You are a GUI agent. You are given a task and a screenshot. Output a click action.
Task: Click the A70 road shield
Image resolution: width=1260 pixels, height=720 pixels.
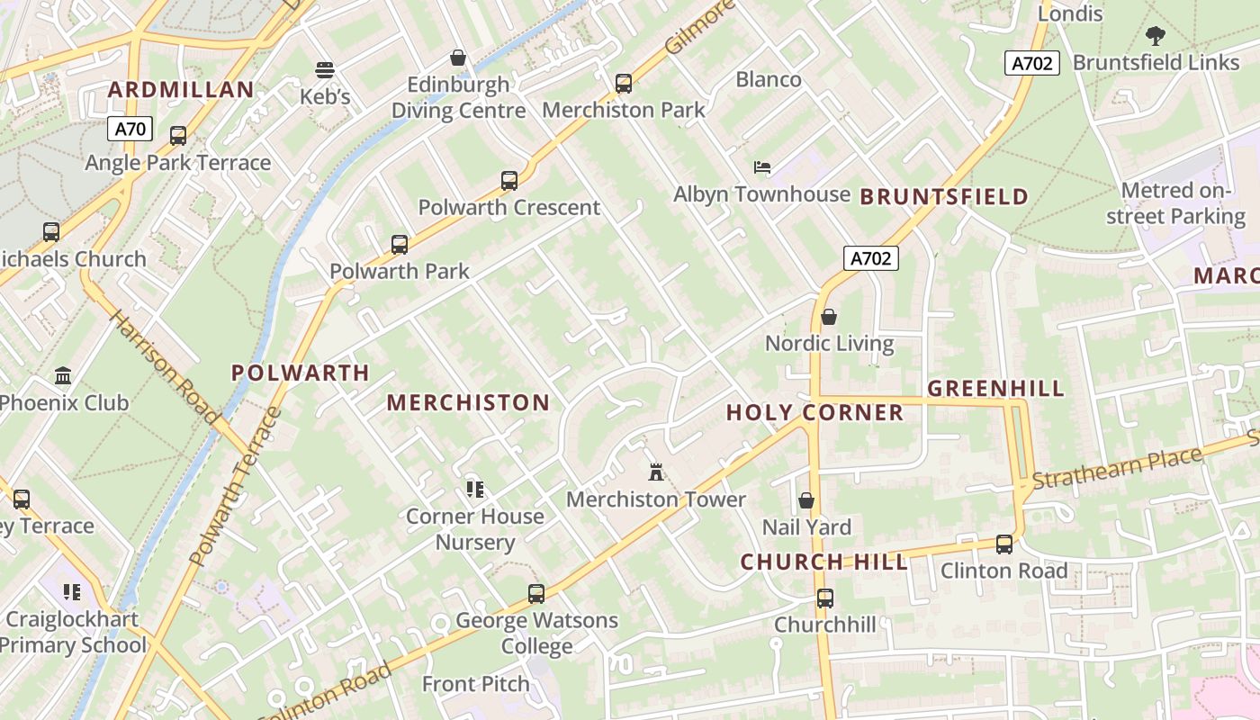click(130, 129)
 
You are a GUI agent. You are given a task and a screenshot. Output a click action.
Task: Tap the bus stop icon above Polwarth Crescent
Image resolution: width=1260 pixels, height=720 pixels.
click(509, 181)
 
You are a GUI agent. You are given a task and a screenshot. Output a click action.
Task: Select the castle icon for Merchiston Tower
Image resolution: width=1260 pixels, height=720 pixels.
click(656, 472)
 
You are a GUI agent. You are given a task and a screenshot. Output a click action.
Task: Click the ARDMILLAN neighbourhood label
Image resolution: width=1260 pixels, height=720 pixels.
click(182, 90)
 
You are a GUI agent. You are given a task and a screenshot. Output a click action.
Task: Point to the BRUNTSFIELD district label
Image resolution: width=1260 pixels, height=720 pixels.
click(944, 197)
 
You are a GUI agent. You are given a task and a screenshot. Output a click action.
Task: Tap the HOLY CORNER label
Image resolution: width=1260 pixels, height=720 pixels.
click(814, 413)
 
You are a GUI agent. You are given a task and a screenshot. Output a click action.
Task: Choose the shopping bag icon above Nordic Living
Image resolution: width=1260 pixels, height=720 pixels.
click(829, 317)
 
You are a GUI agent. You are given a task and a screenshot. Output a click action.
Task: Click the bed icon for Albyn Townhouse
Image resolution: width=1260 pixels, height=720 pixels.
click(762, 167)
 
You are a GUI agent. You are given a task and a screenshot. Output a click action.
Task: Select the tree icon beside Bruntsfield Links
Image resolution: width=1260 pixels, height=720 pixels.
click(1156, 36)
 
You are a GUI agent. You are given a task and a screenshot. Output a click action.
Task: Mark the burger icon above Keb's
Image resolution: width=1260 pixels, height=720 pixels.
click(325, 70)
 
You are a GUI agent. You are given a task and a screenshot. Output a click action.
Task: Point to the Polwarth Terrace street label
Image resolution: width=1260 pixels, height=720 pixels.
click(237, 487)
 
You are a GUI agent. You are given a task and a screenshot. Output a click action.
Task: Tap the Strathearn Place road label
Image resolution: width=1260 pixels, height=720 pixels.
click(1117, 469)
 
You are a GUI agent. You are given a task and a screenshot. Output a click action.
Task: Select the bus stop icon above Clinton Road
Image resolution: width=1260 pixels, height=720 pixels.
click(1004, 544)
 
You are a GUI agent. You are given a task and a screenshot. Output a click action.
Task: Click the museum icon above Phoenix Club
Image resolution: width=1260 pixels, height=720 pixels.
click(63, 375)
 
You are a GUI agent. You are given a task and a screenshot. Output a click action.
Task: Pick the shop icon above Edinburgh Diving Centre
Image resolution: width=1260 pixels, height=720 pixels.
click(458, 58)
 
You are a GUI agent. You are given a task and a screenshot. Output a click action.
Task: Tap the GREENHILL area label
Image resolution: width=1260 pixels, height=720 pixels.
click(995, 389)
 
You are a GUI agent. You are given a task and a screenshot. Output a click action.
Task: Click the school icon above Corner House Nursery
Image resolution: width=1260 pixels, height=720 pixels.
click(475, 490)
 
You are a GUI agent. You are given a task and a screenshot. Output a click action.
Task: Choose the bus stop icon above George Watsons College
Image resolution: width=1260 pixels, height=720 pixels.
click(536, 594)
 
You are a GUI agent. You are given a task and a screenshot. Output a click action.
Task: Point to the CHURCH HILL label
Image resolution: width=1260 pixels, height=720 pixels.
click(823, 562)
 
